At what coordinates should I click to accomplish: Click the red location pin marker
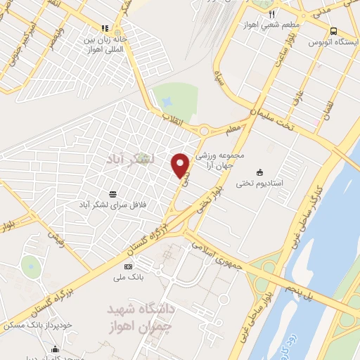[x=181, y=165]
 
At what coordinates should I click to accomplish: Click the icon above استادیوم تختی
[x=260, y=172]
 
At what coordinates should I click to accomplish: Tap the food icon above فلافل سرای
[x=113, y=193]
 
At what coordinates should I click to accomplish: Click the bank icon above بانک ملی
[x=128, y=266]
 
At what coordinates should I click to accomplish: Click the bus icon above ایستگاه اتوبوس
[x=334, y=30]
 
